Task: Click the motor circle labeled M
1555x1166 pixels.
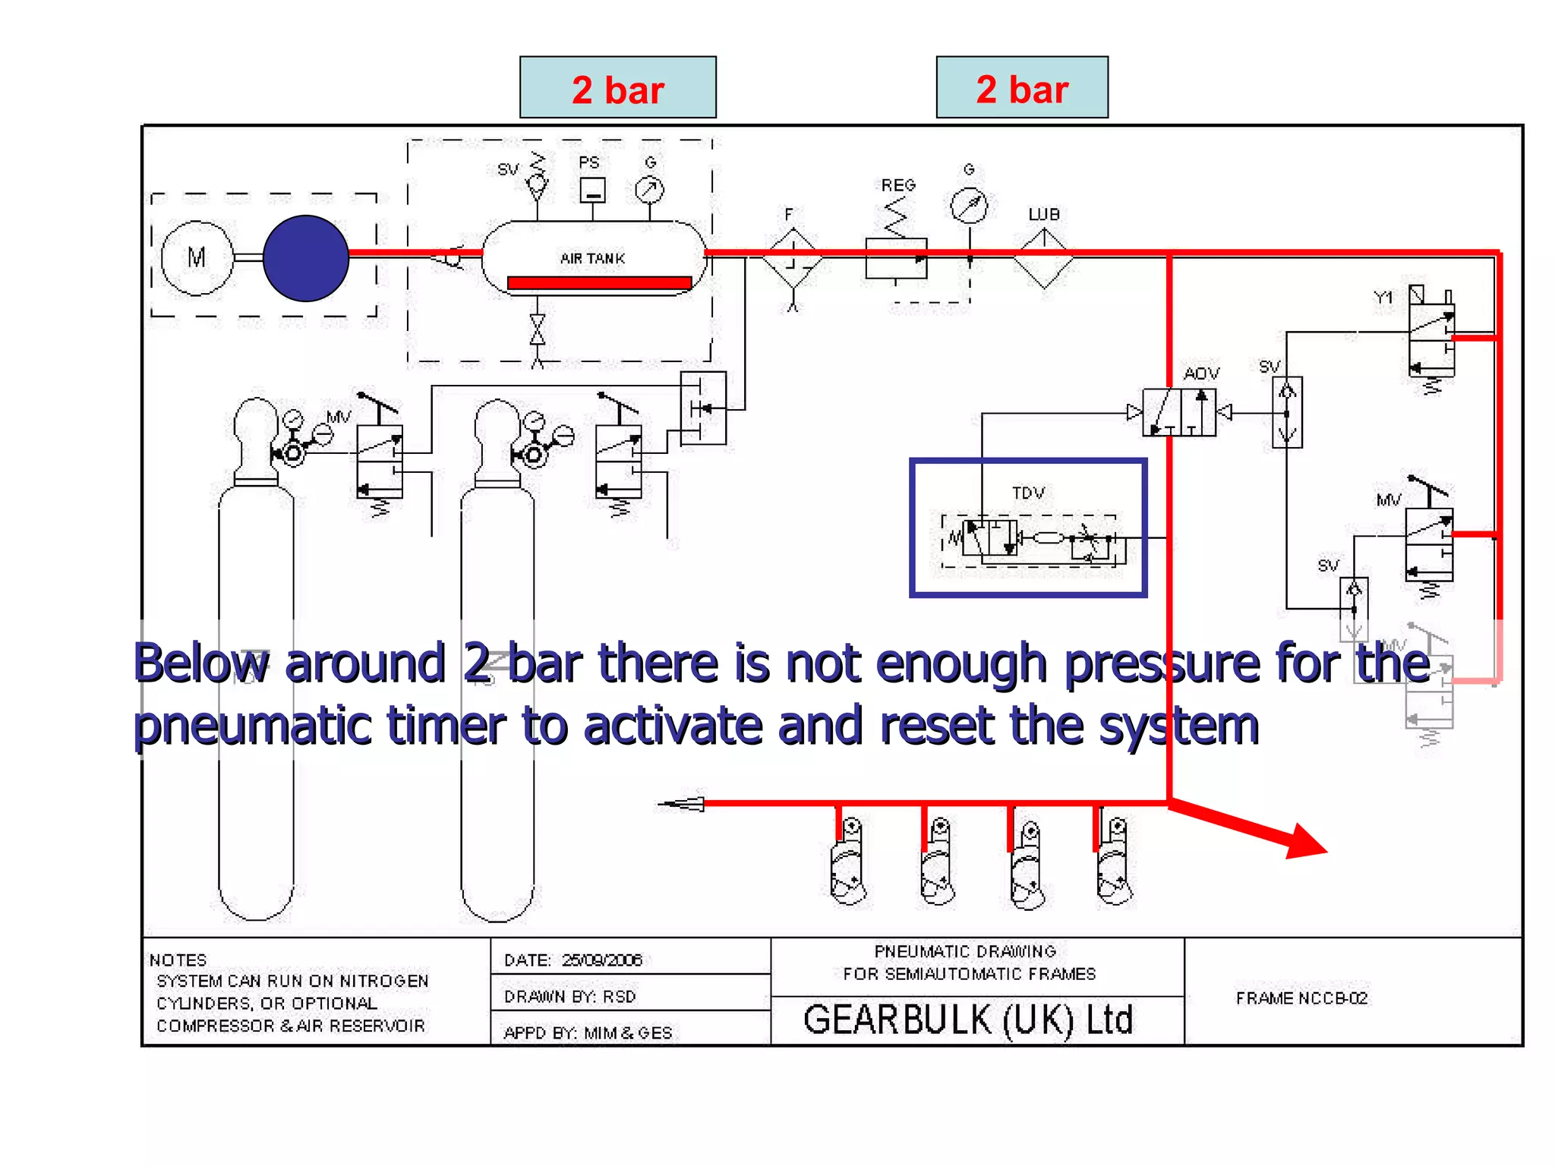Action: [x=197, y=258]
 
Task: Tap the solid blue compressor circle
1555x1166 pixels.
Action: [x=306, y=258]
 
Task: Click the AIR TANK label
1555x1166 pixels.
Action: [x=592, y=259]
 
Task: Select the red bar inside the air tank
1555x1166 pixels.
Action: [x=599, y=283]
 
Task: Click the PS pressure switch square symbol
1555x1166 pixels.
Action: [x=592, y=190]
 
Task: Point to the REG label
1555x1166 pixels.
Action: [x=898, y=185]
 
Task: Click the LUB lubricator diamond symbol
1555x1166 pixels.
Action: [x=1044, y=259]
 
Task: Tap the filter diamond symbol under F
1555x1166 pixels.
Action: [x=793, y=259]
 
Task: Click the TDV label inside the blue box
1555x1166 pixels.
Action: [x=1028, y=493]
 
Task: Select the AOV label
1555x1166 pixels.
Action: [x=1201, y=373]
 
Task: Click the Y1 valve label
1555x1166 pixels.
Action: [x=1383, y=298]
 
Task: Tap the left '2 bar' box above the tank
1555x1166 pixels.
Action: [x=617, y=87]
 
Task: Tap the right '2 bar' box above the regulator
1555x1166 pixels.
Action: [x=1021, y=87]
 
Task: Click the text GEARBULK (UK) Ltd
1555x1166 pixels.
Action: [x=968, y=1020]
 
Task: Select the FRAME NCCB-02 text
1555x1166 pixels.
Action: [x=1301, y=998]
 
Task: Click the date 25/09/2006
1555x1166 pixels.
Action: [x=601, y=960]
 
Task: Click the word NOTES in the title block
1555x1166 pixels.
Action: [x=178, y=960]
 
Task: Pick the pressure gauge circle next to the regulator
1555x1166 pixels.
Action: [x=969, y=206]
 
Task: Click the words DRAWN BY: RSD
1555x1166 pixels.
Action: [x=569, y=997]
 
